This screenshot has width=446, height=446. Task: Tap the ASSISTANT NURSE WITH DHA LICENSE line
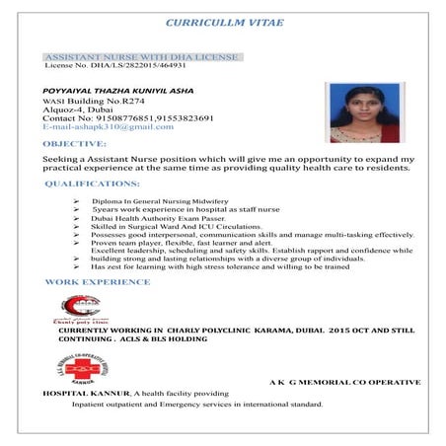click(141, 56)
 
